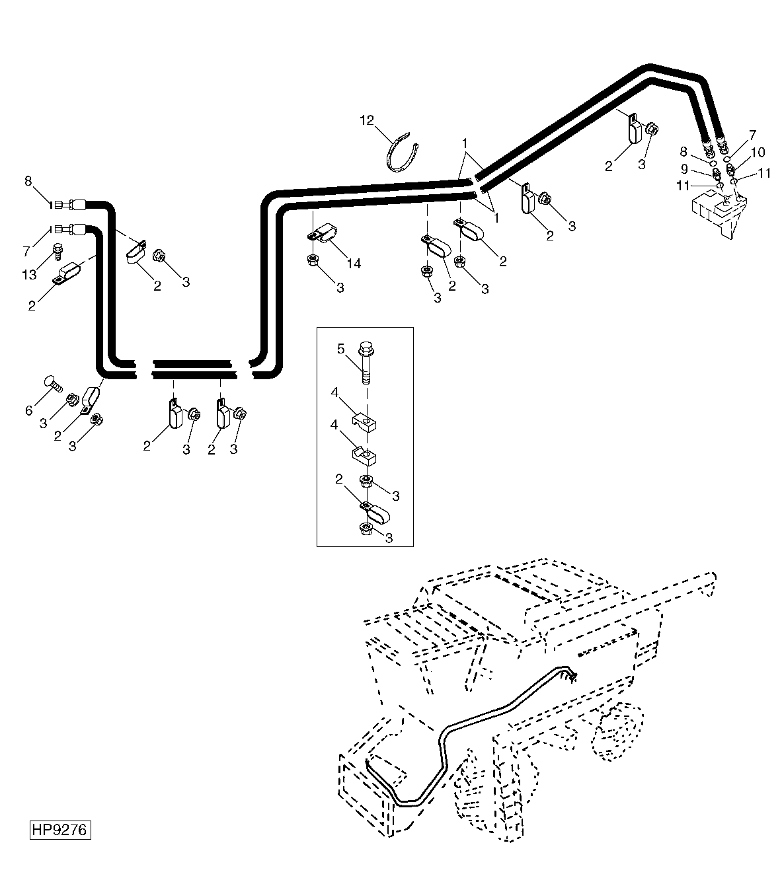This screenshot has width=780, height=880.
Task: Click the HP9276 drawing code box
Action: click(x=60, y=829)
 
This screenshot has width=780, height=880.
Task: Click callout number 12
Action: click(x=367, y=120)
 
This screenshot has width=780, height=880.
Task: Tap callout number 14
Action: click(x=354, y=263)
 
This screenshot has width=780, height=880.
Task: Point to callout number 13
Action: click(x=29, y=275)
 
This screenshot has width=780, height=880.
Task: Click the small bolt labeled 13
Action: click(x=58, y=252)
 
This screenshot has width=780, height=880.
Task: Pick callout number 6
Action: click(x=29, y=410)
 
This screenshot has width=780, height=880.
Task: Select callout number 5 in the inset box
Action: click(x=340, y=349)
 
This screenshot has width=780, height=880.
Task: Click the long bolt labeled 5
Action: click(x=366, y=363)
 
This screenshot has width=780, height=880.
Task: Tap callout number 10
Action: click(x=758, y=153)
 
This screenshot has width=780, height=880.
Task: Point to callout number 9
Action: click(x=684, y=169)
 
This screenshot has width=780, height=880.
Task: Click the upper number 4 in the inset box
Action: click(x=334, y=392)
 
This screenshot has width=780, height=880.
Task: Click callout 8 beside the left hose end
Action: click(x=28, y=181)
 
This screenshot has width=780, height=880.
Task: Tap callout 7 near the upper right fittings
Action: click(x=753, y=135)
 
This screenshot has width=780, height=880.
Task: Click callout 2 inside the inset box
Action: click(x=339, y=479)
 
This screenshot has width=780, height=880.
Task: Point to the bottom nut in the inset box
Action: click(x=366, y=530)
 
